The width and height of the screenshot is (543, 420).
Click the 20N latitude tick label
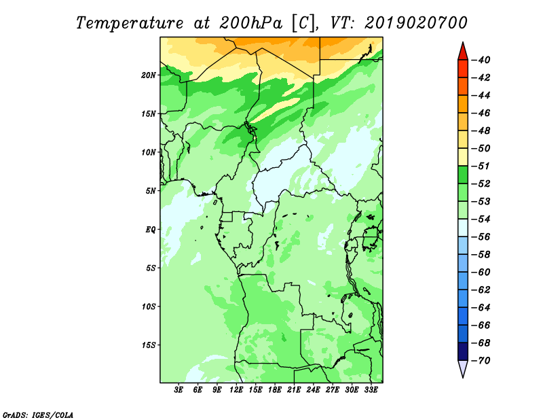(149, 75)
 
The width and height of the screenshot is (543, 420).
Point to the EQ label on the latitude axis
(151, 230)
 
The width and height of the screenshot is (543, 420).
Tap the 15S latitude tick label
(149, 345)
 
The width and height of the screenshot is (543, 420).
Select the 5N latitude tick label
(151, 191)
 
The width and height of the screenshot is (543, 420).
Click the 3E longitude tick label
(179, 390)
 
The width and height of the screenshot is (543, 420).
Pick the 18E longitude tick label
(275, 390)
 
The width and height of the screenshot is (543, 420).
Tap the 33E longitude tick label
(371, 390)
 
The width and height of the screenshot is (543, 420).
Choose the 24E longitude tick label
(313, 390)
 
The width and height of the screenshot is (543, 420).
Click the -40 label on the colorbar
(481, 60)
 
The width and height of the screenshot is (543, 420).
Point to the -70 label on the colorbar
(481, 361)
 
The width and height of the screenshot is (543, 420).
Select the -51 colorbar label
(481, 166)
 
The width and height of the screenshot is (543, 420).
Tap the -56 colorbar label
(481, 237)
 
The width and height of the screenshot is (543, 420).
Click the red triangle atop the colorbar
(463, 52)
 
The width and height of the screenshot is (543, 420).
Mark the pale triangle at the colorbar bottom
(463, 368)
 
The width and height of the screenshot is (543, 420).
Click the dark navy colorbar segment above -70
(463, 351)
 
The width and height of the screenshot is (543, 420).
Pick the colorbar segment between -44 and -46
(463, 104)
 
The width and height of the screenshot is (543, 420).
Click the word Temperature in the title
(129, 23)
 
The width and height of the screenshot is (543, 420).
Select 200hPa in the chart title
(250, 23)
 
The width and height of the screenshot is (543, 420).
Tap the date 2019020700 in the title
(415, 23)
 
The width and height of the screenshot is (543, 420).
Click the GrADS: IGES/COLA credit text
(38, 415)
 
